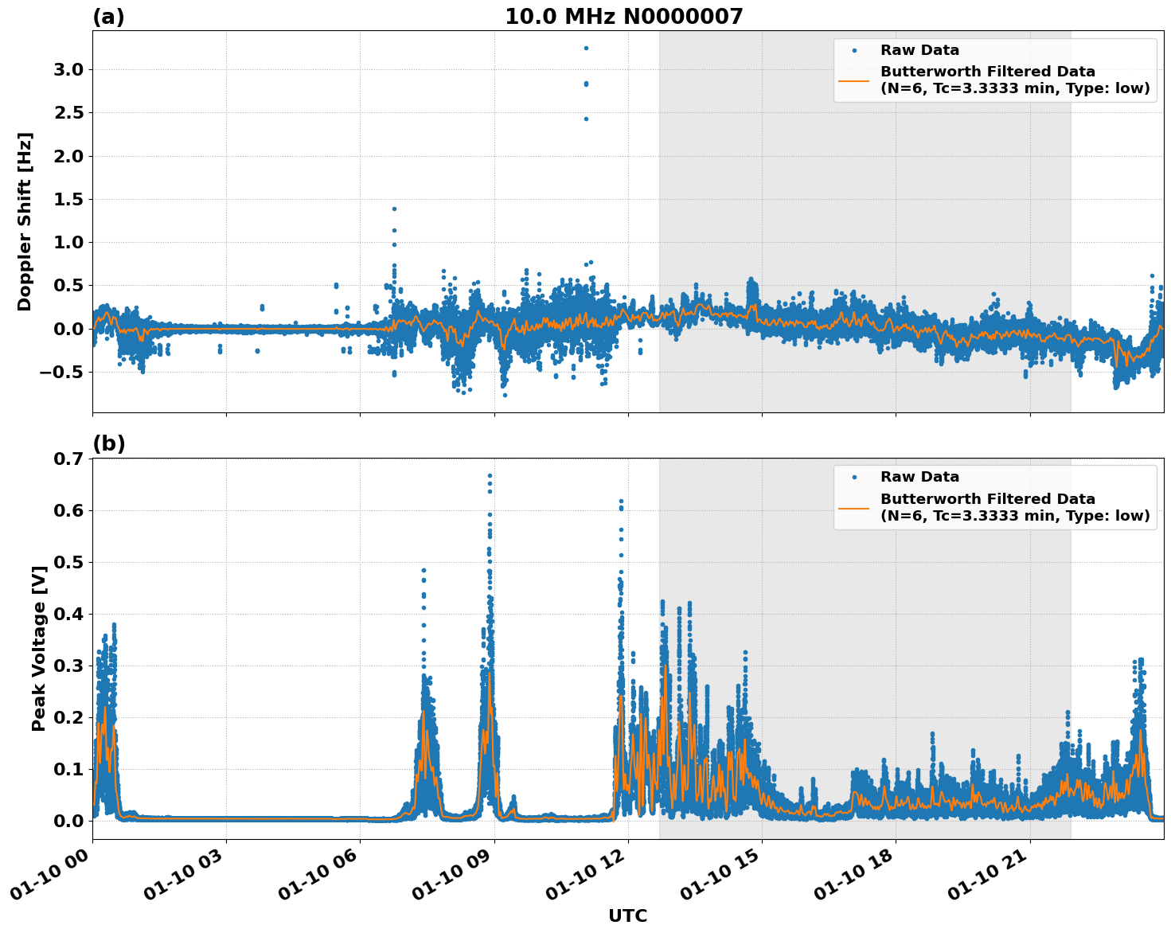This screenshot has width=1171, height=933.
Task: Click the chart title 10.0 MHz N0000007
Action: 623,17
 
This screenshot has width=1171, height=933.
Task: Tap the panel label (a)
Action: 108,17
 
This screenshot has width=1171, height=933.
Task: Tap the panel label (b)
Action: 108,443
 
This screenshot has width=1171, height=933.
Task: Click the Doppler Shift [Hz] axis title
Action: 25,221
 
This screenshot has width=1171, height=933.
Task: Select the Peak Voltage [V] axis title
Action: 38,648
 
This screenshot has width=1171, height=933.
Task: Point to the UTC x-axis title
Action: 627,915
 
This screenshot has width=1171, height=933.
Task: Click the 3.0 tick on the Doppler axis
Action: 68,70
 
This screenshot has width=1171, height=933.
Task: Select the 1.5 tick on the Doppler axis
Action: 68,199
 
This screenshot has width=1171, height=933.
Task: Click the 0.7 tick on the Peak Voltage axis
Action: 68,459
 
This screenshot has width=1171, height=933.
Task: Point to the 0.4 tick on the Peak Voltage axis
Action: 68,614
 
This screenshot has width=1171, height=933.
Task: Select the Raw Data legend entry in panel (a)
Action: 919,50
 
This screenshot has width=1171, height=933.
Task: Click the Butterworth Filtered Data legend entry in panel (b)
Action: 1014,507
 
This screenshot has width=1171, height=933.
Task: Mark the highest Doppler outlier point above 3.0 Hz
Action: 586,48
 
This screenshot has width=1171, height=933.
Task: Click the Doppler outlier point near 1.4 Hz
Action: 394,209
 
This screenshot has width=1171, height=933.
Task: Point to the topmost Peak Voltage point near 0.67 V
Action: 490,475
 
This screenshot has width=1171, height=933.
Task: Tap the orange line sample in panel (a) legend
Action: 853,80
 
